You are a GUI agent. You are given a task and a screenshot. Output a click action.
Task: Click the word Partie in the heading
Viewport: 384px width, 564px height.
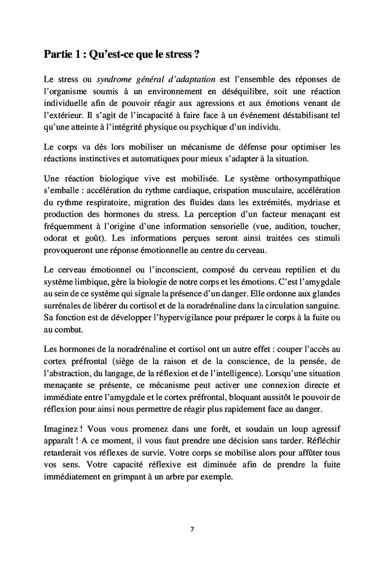coord(58,55)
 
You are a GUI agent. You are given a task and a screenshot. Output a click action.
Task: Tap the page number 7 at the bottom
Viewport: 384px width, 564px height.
coord(191,529)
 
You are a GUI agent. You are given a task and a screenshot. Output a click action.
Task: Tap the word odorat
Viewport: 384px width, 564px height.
coord(55,239)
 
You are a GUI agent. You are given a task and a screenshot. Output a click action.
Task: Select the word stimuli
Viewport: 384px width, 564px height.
coord(327,239)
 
